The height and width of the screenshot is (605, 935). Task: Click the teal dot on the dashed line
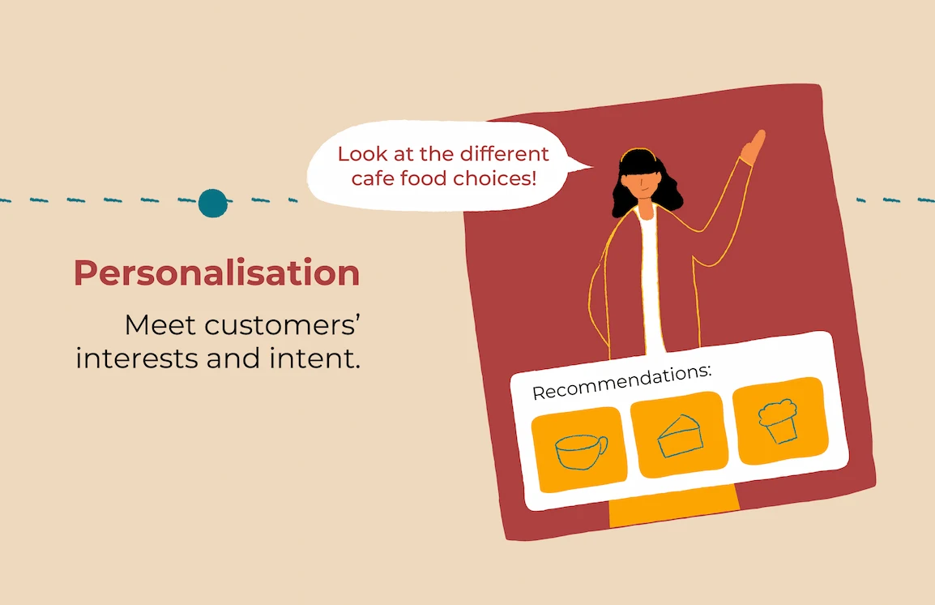click(213, 203)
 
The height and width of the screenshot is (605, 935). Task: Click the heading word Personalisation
click(216, 273)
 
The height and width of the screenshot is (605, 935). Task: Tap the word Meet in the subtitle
click(160, 325)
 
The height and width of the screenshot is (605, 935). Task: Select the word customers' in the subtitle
click(282, 325)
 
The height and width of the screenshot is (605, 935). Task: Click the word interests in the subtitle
click(138, 358)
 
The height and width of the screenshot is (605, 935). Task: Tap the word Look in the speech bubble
click(363, 154)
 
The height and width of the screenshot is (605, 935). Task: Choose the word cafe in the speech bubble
click(373, 178)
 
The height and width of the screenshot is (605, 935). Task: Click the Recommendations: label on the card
click(622, 382)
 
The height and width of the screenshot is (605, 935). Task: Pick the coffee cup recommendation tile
click(579, 450)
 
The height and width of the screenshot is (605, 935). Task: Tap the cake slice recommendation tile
click(679, 435)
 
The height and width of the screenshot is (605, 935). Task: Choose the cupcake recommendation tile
click(780, 421)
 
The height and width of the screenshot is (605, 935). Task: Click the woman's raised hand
click(754, 147)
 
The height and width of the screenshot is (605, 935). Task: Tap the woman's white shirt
click(651, 281)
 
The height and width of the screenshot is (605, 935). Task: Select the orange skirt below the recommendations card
click(674, 506)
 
